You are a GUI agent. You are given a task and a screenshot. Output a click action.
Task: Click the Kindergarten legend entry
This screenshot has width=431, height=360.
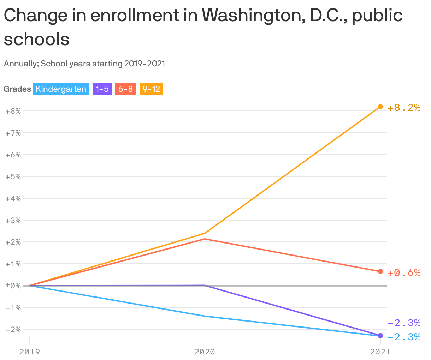(x=61, y=89)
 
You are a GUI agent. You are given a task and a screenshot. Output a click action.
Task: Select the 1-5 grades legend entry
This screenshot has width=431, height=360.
(x=102, y=89)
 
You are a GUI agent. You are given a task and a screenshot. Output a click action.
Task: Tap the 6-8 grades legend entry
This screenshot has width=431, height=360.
(x=125, y=89)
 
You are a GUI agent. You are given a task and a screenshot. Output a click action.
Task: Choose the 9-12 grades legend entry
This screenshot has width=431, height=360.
(x=151, y=89)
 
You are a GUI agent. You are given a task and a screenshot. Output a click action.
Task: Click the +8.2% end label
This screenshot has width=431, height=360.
(x=404, y=108)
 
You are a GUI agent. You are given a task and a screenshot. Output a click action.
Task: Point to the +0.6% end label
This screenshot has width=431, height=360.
(x=404, y=273)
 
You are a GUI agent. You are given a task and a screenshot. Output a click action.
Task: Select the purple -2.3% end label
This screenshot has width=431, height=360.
(x=404, y=323)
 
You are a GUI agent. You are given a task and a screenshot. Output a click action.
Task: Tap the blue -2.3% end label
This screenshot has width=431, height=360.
(x=404, y=337)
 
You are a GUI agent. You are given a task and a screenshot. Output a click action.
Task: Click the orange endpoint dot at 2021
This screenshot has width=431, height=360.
(x=380, y=107)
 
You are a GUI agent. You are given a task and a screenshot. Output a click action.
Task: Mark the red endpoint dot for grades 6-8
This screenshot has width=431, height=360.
(x=380, y=271)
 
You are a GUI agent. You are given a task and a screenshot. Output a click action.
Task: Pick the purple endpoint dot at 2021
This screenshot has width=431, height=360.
(x=380, y=335)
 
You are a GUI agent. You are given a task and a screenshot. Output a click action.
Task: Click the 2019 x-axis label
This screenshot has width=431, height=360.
(x=30, y=352)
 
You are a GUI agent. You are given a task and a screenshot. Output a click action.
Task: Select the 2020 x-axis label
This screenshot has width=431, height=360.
(x=205, y=352)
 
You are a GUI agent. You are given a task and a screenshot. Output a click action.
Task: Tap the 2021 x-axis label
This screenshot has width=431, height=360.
(x=380, y=352)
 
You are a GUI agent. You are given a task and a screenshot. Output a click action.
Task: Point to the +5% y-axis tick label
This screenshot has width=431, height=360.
(x=13, y=176)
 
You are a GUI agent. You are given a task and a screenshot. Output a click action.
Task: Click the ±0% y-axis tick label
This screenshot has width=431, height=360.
(x=13, y=286)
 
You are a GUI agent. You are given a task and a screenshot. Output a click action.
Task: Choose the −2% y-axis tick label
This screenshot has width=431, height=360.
(x=13, y=329)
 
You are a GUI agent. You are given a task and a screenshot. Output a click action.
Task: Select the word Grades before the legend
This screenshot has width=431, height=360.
(x=17, y=89)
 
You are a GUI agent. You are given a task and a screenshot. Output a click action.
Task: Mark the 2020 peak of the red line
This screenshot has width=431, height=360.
(x=205, y=239)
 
